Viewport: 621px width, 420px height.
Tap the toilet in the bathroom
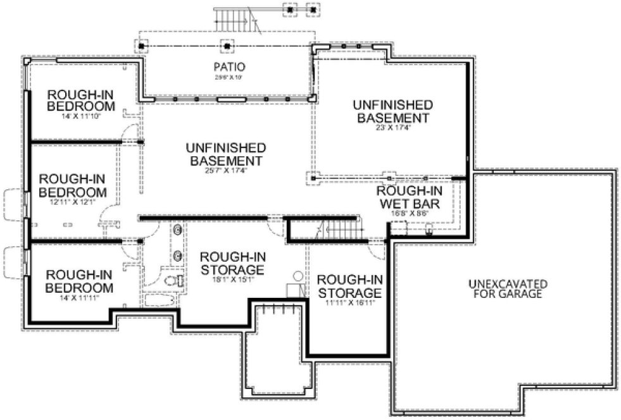(172, 280)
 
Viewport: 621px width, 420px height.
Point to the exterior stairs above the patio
(235, 21)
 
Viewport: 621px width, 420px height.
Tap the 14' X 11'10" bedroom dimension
(80, 116)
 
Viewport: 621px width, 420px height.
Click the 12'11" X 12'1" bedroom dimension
(71, 202)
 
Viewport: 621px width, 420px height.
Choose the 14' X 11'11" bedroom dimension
(80, 297)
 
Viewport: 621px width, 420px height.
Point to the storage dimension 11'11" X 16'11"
(349, 302)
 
